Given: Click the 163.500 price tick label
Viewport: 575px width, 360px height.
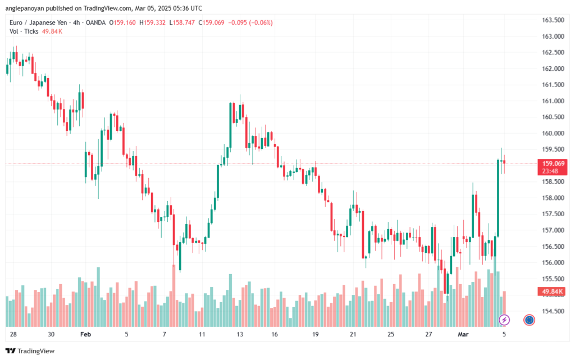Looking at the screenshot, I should tap(553, 20).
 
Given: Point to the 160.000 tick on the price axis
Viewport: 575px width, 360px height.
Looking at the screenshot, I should tap(553, 133).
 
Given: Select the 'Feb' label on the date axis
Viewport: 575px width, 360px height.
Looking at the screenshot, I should tap(85, 334).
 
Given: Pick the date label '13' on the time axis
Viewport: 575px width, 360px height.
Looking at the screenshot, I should tap(240, 334).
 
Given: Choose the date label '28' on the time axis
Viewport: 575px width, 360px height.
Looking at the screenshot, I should tap(12, 334).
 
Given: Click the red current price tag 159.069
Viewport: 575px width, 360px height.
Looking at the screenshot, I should tap(553, 163).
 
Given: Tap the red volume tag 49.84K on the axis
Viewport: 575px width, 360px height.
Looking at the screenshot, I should tap(553, 291).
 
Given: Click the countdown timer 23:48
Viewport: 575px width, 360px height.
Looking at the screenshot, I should tap(550, 171).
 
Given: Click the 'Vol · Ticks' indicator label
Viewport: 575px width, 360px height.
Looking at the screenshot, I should tap(24, 31).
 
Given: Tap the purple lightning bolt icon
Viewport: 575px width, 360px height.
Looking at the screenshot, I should tap(504, 320).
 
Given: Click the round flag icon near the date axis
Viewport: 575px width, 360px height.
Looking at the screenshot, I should tap(529, 320).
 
